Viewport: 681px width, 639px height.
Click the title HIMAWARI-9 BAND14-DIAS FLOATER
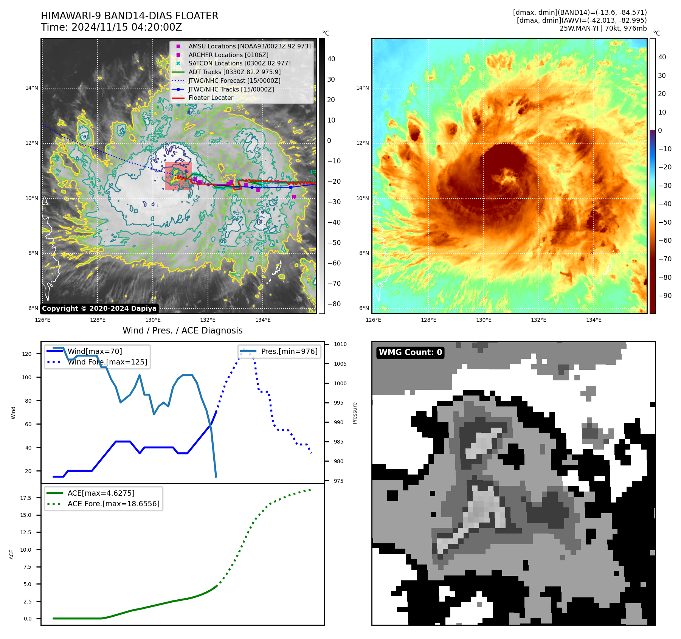129,16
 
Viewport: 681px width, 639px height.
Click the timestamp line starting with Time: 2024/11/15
111,27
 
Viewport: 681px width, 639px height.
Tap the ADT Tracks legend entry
234,72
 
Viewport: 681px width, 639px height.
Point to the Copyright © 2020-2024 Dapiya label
99,309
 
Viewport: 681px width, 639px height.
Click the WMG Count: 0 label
410,352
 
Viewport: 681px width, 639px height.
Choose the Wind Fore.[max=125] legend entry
107,362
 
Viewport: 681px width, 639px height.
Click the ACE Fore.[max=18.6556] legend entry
113,504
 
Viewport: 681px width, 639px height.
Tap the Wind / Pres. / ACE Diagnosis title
182,330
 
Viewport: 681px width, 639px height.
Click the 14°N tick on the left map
32,88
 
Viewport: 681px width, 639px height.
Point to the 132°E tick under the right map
538,320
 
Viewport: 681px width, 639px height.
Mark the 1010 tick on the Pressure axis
340,344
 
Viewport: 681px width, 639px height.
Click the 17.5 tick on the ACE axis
26,498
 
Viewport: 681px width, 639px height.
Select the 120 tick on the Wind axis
27,354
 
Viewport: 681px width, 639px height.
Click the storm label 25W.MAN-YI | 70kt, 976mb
603,28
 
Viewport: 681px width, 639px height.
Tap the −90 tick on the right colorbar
664,296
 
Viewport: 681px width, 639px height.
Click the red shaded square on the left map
178,176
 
